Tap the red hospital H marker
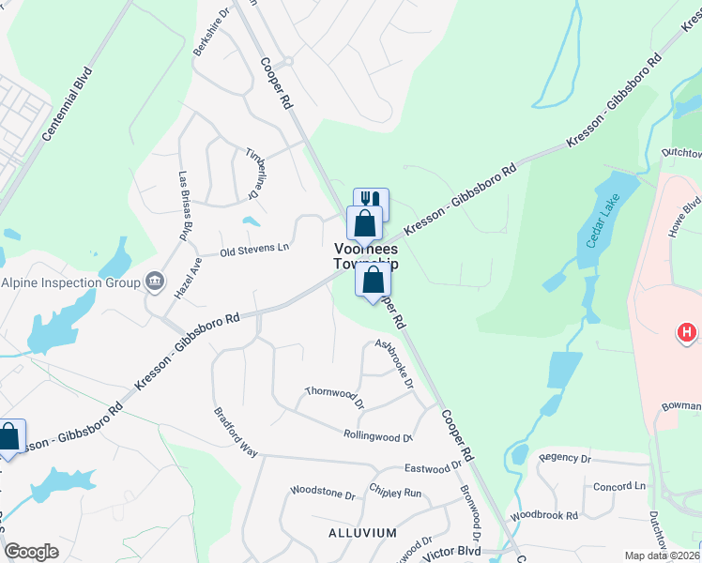[688, 332]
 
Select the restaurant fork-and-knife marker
[372, 201]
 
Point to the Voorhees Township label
[366, 256]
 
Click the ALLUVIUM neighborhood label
[363, 532]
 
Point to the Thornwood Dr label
[334, 397]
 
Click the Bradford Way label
[235, 431]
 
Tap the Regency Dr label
[565, 459]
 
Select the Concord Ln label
[620, 486]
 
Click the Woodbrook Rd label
[544, 515]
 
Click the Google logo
[31, 552]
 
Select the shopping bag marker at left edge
[9, 437]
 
